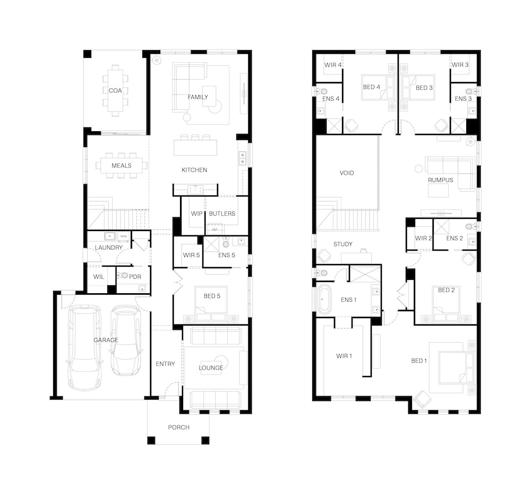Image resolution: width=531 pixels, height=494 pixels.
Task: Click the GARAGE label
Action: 106,340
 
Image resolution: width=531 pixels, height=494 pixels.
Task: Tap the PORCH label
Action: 178,427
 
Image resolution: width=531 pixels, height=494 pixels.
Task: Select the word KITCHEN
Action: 194,170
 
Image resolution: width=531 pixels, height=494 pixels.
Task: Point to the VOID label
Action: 346,173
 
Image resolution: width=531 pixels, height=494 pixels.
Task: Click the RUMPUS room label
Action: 440,180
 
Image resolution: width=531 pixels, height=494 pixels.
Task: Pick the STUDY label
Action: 342,244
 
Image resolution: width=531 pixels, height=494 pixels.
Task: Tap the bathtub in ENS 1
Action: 324,299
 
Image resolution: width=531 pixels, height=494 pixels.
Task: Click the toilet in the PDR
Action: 123,276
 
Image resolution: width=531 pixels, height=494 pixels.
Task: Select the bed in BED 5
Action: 211,304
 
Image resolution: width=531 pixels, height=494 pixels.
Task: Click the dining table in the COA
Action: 115,90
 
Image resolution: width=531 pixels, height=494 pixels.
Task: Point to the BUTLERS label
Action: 222,214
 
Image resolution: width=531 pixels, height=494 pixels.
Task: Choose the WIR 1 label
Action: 344,356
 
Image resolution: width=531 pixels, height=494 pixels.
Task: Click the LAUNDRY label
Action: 108,248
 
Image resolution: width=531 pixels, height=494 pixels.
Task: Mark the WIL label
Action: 99,276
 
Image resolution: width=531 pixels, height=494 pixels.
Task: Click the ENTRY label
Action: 165,363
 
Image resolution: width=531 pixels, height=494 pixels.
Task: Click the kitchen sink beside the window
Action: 243,158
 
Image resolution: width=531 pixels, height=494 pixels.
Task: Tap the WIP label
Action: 196,214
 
